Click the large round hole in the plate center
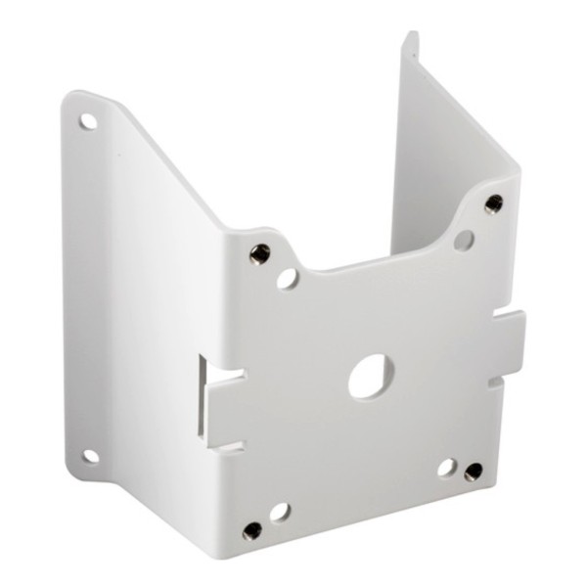[x=371, y=376]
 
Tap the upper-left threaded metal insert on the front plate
[x=259, y=253]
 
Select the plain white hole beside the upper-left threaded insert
[x=287, y=278]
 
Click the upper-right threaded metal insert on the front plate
[x=493, y=203]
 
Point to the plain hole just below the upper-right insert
[x=465, y=239]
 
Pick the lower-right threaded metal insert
[x=474, y=472]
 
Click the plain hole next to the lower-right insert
[x=447, y=467]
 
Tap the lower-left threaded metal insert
[x=252, y=531]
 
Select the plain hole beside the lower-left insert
[x=280, y=512]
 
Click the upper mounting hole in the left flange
[x=88, y=121]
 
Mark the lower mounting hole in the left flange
[x=90, y=455]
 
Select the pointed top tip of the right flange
[x=411, y=37]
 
